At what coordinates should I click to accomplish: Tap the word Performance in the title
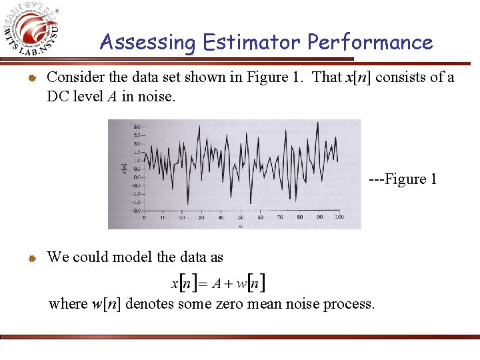370,43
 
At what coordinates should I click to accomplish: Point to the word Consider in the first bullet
73,77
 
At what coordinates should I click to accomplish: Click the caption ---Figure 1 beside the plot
403,179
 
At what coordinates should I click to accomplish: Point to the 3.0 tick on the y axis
136,127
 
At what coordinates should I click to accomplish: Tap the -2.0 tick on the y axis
135,211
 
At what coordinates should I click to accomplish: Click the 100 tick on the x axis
339,217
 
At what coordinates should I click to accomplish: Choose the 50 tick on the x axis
241,217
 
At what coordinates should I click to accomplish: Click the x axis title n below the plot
241,225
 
